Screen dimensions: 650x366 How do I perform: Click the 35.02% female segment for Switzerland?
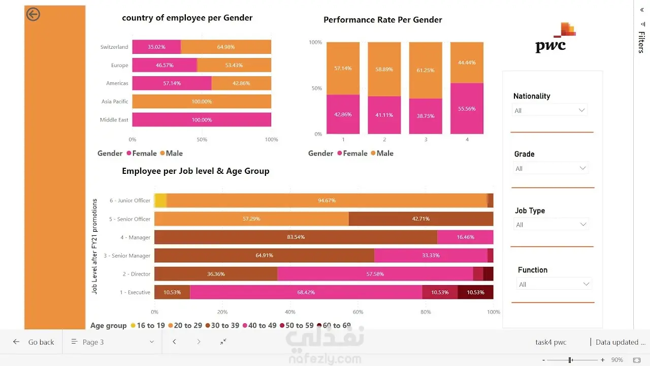156,47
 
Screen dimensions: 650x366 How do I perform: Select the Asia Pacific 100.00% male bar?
202,101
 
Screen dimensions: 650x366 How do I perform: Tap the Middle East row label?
114,119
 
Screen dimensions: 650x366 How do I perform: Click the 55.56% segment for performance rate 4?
467,108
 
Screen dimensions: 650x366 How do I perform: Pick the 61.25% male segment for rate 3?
426,70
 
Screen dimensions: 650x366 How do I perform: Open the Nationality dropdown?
549,110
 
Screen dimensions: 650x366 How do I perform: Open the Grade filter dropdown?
550,168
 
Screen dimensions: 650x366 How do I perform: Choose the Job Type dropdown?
551,225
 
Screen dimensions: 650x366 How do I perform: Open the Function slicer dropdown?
554,284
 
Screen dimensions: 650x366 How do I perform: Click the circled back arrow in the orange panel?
33,14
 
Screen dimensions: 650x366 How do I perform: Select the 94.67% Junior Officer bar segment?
327,200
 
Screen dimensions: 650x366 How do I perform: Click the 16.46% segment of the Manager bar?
465,237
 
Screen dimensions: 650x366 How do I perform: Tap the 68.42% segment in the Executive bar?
306,292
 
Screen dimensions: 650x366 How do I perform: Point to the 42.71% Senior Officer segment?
421,219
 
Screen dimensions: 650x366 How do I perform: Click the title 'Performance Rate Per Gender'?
383,20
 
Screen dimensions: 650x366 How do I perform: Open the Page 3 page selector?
112,342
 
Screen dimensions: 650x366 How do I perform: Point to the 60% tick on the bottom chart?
358,312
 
